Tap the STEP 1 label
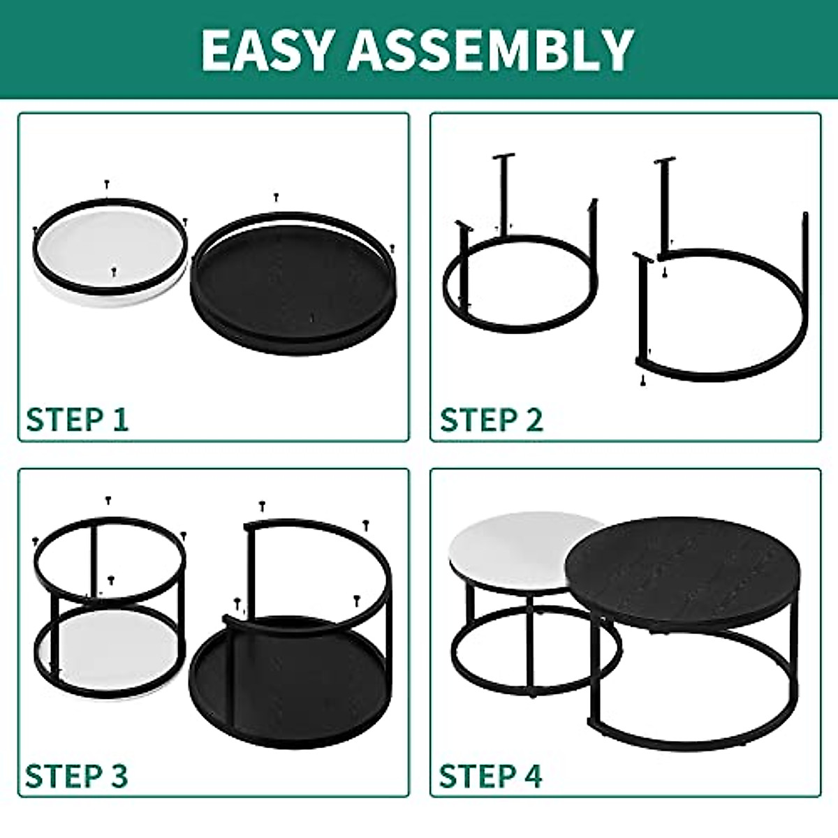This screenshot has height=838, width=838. coord(77,420)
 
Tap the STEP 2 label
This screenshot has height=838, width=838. coord(491,420)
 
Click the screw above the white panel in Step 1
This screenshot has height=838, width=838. coord(107,184)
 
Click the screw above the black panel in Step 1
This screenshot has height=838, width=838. coord(277,198)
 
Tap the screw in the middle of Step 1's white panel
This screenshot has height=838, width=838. coord(114,270)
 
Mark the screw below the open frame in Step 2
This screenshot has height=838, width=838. coord(641,380)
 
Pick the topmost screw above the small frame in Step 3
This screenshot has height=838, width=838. coord(108,500)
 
